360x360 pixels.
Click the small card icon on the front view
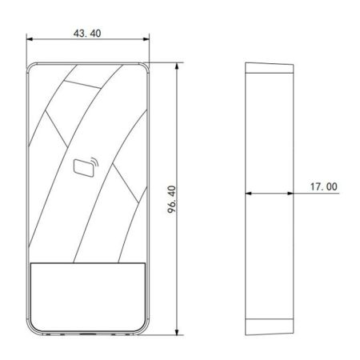[x=82, y=167]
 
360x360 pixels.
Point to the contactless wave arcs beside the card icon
[x=94, y=165]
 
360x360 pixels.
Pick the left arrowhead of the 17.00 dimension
[x=247, y=193]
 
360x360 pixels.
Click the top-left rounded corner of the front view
[x=33, y=64]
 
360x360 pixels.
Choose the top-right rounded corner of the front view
[x=145, y=64]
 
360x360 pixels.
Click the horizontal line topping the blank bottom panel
[x=88, y=262]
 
